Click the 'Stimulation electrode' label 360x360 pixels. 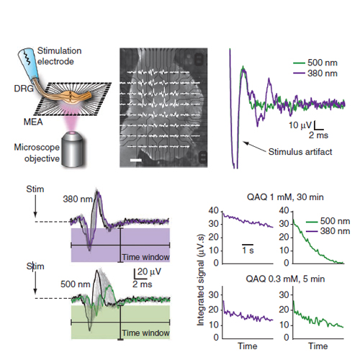[x=59, y=56]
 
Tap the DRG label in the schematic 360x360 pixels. [x=24, y=89]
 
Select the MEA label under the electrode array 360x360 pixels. [x=33, y=122]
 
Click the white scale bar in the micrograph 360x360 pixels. [x=136, y=160]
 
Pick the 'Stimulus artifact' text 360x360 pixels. [x=300, y=152]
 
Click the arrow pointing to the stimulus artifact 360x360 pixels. [x=254, y=147]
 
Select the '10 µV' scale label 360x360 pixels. [x=300, y=125]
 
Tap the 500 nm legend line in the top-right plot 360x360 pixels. [x=300, y=63]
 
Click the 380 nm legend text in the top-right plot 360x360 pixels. [x=323, y=73]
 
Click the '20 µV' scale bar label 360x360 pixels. [x=149, y=271]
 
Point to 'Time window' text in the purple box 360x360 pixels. [x=146, y=257]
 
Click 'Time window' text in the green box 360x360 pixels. [x=146, y=333]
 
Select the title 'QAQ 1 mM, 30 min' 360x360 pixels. [x=285, y=197]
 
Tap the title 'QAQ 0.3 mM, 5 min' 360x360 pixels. [x=285, y=279]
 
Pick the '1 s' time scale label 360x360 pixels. [x=248, y=251]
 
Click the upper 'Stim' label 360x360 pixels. [x=35, y=189]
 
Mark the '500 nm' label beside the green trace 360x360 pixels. [x=75, y=284]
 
